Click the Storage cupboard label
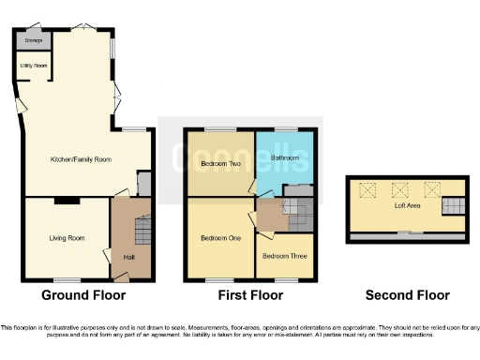34,41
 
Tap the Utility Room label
34,66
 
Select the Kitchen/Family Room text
81,160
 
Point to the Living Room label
67,238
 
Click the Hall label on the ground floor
128,258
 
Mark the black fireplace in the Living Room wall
67,200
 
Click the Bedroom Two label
220,165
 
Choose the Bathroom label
284,157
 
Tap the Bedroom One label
220,238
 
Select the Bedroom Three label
282,256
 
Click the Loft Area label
405,206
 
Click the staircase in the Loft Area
453,205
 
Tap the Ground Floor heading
83,295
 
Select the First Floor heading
247,295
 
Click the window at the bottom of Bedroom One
219,279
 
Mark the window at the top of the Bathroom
285,128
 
